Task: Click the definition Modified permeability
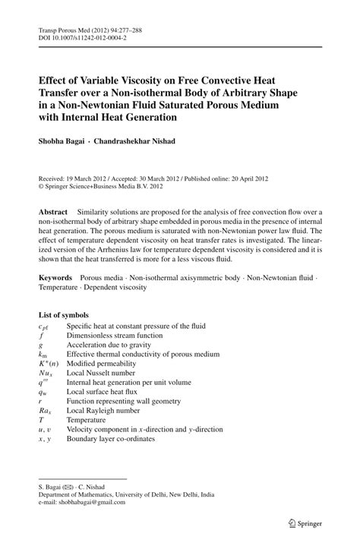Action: [x=103, y=362]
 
